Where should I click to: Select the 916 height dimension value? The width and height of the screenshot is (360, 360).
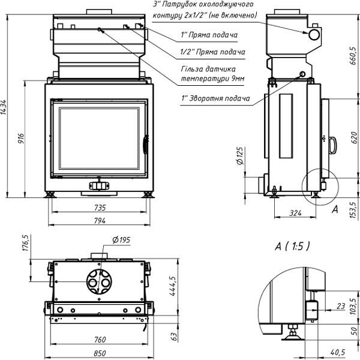click(x=20, y=139)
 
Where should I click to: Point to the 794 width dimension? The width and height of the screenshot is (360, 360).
click(x=100, y=221)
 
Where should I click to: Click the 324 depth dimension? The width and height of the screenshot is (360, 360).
click(x=294, y=213)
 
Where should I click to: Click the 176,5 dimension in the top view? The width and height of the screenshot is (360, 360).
click(x=26, y=244)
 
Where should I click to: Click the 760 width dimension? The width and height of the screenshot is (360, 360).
click(x=100, y=340)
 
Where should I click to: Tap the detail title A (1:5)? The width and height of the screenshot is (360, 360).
click(x=293, y=246)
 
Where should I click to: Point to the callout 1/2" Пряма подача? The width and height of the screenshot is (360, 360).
click(x=212, y=52)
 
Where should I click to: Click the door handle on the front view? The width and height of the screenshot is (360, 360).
click(x=145, y=145)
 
